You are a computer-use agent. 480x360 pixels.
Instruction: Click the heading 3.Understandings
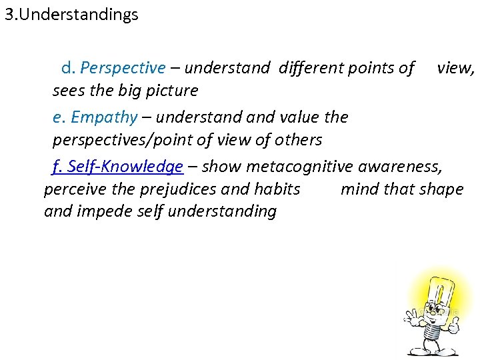pyautogui.click(x=71, y=15)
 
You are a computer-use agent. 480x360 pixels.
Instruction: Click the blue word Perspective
pyautogui.click(x=123, y=68)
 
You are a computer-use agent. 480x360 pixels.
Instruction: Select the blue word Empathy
pyautogui.click(x=104, y=117)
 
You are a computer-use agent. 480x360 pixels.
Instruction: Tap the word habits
pyautogui.click(x=277, y=189)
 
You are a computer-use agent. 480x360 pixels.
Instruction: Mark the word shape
pyautogui.click(x=442, y=189)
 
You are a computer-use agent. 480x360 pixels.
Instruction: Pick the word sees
pyautogui.click(x=68, y=91)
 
